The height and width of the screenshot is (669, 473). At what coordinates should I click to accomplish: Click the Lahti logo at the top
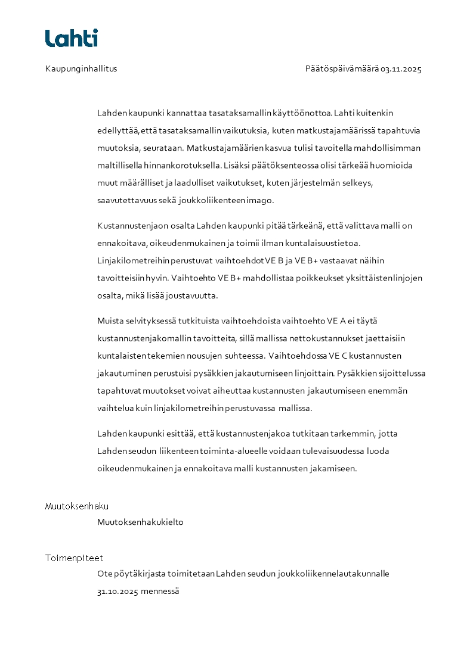click(x=72, y=38)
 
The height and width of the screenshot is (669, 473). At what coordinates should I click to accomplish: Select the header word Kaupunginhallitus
click(x=81, y=69)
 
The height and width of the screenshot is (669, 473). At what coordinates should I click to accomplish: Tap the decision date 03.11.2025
click(x=401, y=69)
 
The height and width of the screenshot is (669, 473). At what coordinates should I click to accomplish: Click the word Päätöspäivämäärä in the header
click(x=342, y=69)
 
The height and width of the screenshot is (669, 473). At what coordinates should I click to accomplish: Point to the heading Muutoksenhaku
click(x=77, y=506)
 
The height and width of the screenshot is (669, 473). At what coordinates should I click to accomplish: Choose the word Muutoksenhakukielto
click(x=140, y=522)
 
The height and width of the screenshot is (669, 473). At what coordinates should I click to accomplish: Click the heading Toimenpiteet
click(x=74, y=558)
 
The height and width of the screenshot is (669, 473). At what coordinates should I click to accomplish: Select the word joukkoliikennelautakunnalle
click(x=333, y=574)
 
